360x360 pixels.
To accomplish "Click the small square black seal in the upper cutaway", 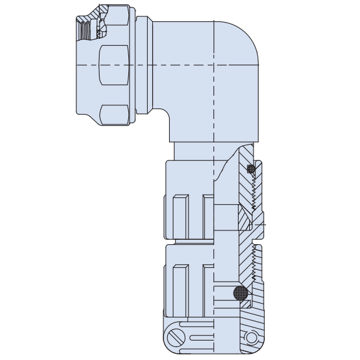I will (251, 169).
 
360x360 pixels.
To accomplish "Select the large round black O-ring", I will (240, 293).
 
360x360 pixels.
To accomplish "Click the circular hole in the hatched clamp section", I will (252, 337).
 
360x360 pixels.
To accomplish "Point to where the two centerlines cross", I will (214, 64).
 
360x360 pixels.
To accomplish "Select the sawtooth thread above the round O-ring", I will (254, 263).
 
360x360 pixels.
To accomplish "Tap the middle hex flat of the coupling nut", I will (114, 64).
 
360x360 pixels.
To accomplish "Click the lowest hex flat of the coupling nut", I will (114, 115).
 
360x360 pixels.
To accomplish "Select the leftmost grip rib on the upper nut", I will (180, 217).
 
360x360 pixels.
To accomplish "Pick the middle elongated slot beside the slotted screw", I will (200, 337).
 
